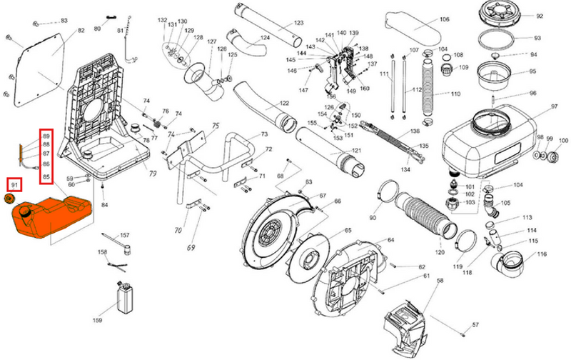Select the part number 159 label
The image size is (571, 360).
pos(98,319)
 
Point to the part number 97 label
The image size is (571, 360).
pos(553,106)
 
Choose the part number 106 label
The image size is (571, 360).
pos(444,19)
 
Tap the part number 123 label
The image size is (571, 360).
pos(298,23)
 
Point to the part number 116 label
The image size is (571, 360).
pos(542,254)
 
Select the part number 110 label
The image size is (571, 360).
pos(455,94)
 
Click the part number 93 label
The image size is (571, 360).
pos(537,38)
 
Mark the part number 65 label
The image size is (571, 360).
pos(348,231)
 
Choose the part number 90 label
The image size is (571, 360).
pos(372,217)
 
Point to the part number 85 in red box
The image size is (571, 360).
pos(47,176)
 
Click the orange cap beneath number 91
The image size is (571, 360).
pos(11,197)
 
